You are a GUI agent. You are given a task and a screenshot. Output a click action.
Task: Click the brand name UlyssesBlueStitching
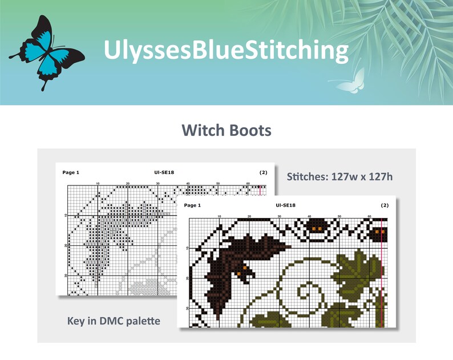[x=226, y=50]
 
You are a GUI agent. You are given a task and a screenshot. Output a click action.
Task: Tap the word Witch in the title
[x=205, y=131]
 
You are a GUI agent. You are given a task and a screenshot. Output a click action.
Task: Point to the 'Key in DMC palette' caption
[x=114, y=321]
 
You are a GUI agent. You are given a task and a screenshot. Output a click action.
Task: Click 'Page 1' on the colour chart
[x=193, y=205]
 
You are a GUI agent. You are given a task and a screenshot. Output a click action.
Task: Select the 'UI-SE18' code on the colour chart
[x=285, y=205]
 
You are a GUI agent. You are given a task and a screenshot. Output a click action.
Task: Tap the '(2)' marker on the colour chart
[x=385, y=205]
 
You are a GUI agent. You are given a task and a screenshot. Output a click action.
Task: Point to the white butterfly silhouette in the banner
[x=350, y=82]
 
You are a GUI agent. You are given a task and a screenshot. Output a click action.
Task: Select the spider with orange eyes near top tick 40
[x=316, y=228]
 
